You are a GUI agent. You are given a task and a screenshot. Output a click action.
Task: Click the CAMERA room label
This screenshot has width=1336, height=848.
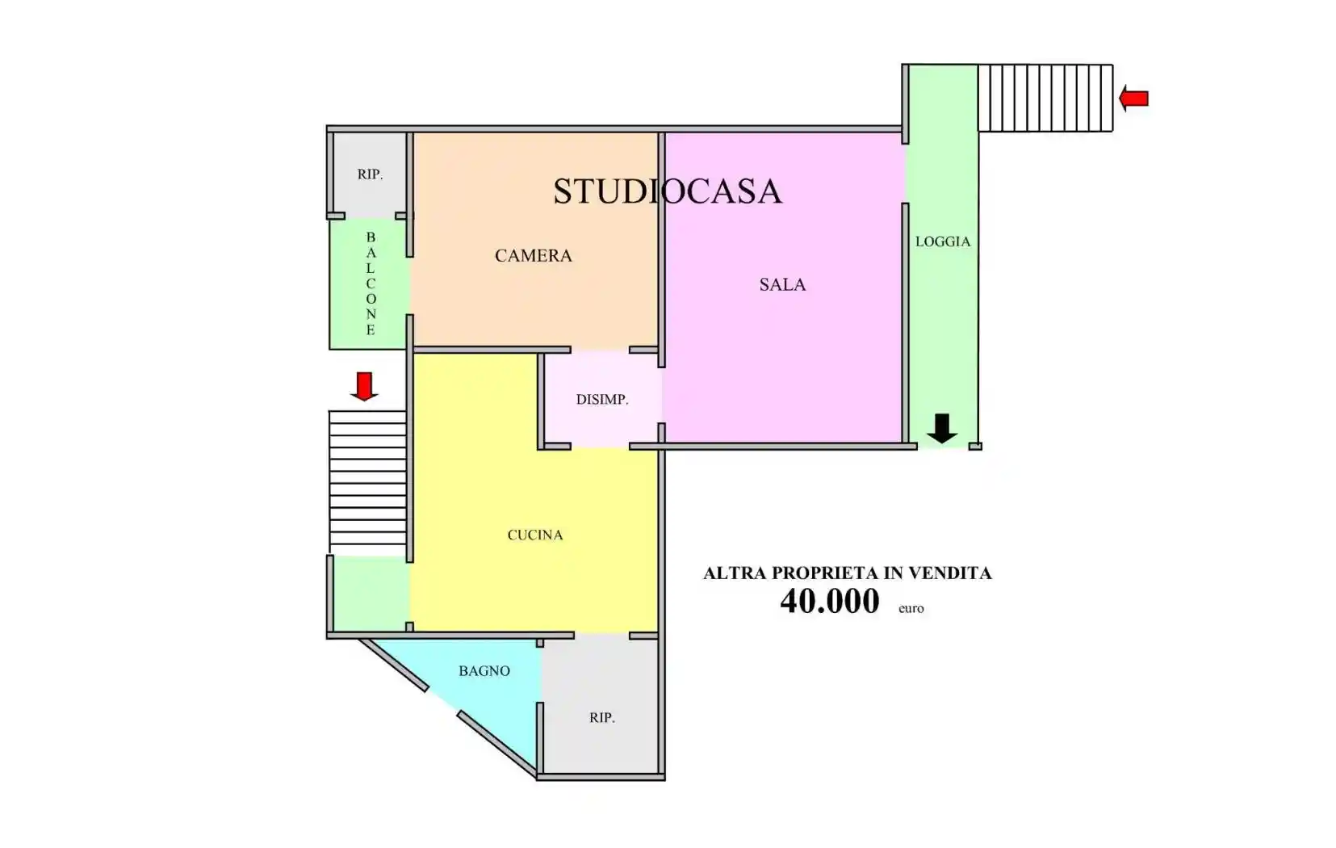click(533, 256)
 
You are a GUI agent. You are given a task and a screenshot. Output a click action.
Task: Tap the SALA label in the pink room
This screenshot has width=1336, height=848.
click(782, 284)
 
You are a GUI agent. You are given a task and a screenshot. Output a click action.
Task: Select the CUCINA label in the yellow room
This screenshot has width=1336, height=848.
click(534, 535)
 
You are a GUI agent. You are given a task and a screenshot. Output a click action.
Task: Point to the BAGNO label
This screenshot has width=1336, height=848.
click(484, 670)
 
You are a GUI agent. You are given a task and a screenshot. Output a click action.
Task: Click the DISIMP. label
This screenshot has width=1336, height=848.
click(602, 399)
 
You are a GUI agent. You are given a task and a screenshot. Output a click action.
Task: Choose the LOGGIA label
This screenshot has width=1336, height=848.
click(942, 241)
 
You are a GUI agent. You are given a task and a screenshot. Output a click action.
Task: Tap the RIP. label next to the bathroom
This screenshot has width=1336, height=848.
click(601, 717)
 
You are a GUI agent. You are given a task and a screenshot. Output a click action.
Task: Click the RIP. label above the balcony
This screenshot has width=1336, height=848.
click(370, 174)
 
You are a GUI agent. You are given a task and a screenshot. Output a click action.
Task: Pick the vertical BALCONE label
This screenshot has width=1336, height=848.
click(371, 283)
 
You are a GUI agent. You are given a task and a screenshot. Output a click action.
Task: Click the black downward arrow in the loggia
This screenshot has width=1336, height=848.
click(941, 428)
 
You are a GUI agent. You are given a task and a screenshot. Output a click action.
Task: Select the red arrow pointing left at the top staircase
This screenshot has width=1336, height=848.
click(1134, 99)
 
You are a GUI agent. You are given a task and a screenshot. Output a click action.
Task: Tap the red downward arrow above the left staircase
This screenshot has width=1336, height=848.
click(364, 386)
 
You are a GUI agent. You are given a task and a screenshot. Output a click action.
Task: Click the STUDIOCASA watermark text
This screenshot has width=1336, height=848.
click(667, 191)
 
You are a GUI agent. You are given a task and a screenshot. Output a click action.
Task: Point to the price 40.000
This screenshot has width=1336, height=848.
click(829, 602)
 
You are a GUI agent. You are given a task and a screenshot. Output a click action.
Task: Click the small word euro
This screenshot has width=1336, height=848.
click(911, 609)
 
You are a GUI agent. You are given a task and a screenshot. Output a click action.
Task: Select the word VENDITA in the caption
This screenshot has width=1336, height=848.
click(950, 573)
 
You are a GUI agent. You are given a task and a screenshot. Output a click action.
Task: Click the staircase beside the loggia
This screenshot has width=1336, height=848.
click(1045, 98)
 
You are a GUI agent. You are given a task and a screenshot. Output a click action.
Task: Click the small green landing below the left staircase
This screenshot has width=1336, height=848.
click(371, 594)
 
